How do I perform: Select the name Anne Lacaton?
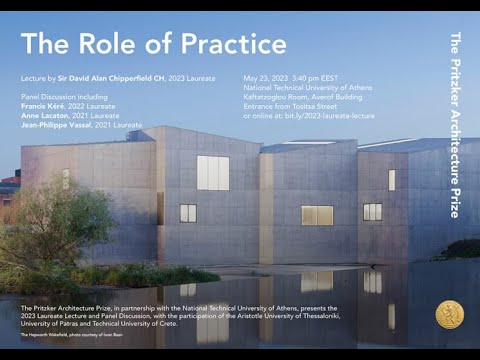[x=46, y=116]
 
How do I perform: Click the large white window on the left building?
[x=212, y=172]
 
